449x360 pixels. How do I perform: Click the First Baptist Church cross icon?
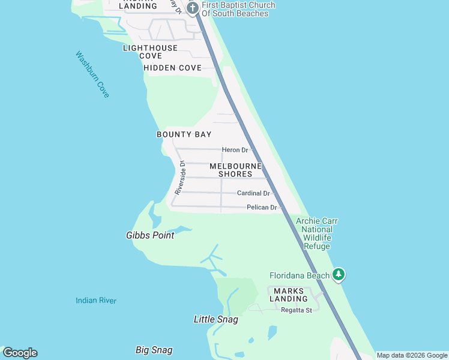point(193,8)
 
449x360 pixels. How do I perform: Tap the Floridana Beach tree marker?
point(339,275)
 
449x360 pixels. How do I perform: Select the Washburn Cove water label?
point(92,74)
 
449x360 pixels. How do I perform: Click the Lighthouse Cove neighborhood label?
point(150,52)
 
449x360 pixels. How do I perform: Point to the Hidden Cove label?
point(172,68)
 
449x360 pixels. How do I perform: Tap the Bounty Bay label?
point(184,134)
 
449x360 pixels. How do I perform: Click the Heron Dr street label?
point(235,150)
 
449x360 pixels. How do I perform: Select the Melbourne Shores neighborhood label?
point(235,170)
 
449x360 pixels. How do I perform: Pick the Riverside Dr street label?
point(181,177)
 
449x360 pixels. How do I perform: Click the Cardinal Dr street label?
point(253,193)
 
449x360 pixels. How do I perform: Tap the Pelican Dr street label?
point(262,208)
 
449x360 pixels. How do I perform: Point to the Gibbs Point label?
point(150,235)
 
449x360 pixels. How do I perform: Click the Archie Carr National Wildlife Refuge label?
point(317,234)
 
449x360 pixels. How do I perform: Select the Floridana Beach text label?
point(300,276)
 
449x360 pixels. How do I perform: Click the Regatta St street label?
point(297,310)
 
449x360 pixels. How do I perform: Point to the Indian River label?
point(96,301)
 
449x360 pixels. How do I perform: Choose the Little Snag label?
point(215,320)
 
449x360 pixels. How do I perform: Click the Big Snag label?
point(154,350)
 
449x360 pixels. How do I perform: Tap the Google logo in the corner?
point(20,353)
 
